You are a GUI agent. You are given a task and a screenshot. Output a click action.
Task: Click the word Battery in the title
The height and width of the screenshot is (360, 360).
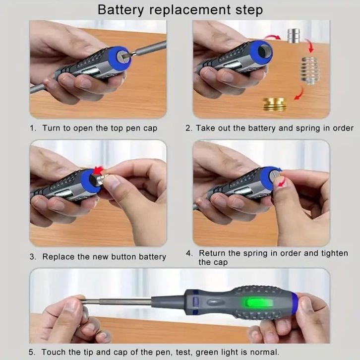coord(121,10)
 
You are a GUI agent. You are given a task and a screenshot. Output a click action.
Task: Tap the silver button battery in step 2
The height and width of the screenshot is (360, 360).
coord(294,36)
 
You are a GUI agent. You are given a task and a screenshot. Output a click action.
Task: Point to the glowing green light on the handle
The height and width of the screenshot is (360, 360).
coord(258,303)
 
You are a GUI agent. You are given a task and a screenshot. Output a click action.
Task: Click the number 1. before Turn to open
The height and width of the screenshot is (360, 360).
coord(33,128)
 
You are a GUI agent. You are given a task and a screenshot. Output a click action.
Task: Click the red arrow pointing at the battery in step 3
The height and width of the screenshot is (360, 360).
coord(98,171)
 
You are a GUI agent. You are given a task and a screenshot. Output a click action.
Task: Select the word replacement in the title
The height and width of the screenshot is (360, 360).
coord(190,10)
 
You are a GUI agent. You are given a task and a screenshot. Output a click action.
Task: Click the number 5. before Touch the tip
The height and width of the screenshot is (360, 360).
coord(32,352)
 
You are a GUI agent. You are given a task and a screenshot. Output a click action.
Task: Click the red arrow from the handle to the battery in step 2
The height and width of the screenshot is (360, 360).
coord(273,37)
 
